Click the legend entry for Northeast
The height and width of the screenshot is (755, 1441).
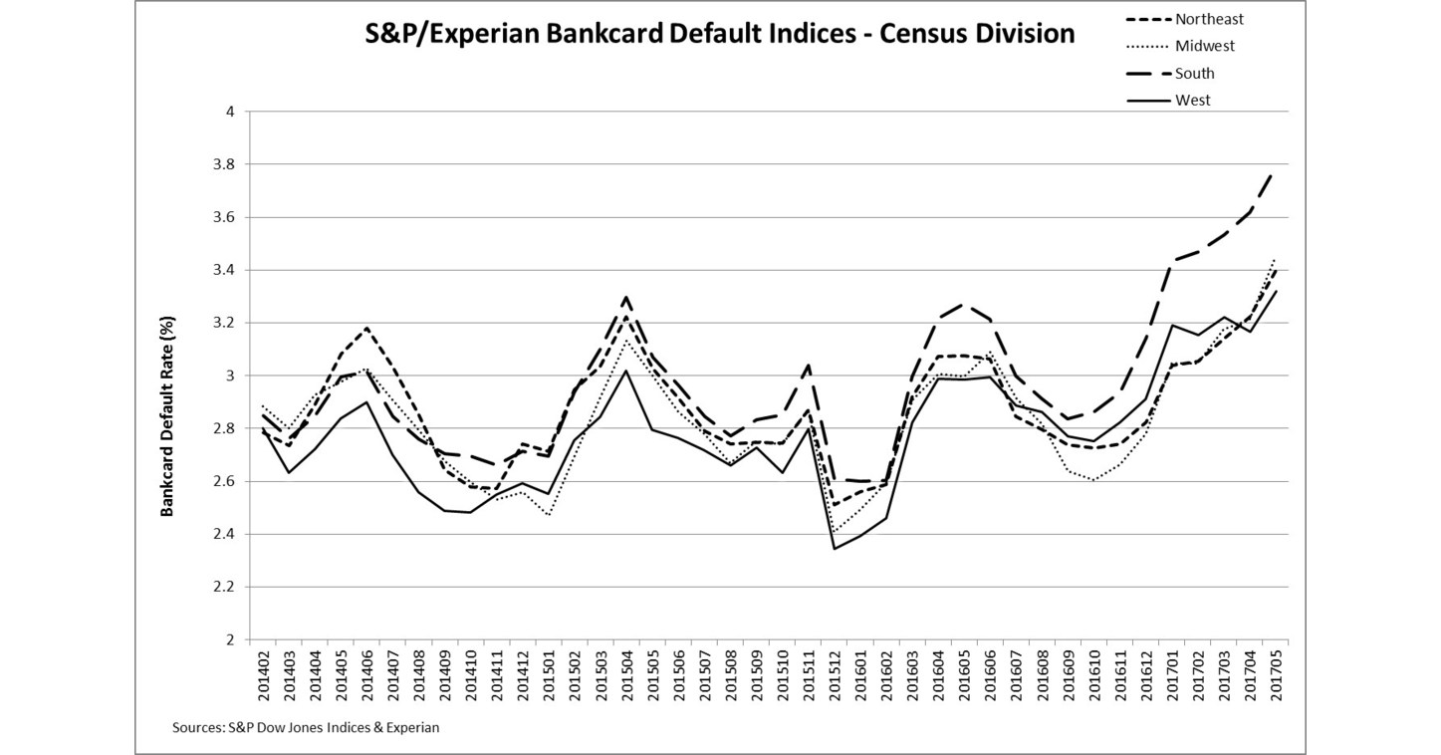click(x=1209, y=19)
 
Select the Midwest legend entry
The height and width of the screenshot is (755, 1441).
click(x=1205, y=46)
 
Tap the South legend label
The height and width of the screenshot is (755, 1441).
click(x=1194, y=73)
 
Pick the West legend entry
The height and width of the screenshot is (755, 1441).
click(x=1192, y=100)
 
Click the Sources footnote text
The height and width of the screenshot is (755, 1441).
click(x=305, y=727)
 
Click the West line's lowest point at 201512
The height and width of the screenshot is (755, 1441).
click(x=835, y=549)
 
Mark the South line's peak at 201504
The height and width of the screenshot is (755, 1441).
click(x=625, y=297)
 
